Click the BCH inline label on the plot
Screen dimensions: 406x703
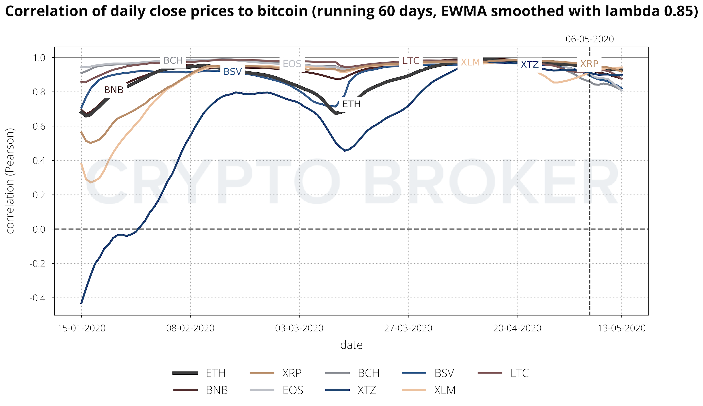click(x=173, y=60)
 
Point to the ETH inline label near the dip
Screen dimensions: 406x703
click(x=351, y=104)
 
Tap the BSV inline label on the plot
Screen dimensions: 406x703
click(x=232, y=72)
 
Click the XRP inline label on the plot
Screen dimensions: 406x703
click(x=589, y=64)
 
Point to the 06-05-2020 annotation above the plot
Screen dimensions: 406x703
click(x=590, y=39)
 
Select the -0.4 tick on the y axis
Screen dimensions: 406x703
click(x=38, y=298)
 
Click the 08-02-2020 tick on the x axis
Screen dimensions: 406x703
click(x=190, y=328)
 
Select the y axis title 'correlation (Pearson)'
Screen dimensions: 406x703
click(x=10, y=181)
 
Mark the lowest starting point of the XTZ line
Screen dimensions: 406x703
click(x=81, y=303)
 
